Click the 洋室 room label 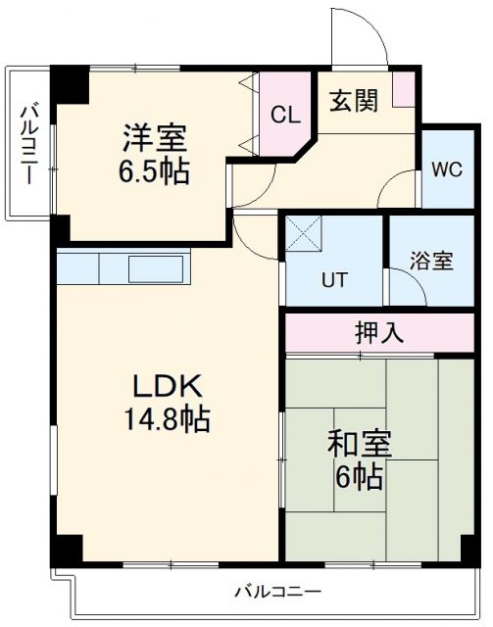155,136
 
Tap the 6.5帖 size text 155,172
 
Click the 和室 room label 361,444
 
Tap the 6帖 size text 361,479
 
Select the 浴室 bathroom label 431,261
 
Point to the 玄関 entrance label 353,102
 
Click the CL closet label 284,116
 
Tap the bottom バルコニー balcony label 277,592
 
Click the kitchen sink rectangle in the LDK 157,266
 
